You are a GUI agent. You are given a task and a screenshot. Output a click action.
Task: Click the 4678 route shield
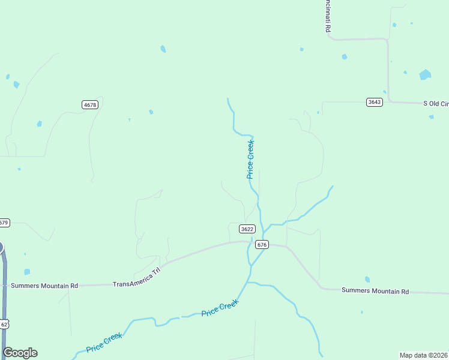pos(90,105)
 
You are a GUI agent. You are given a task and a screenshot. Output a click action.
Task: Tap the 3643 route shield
pos(375,102)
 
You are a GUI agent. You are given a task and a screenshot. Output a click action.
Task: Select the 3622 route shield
pos(247,229)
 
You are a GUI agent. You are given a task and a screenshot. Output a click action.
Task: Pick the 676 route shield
pos(261,244)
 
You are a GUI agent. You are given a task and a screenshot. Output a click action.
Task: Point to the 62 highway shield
pos(4,324)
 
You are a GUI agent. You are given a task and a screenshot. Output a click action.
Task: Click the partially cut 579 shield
pos(4,223)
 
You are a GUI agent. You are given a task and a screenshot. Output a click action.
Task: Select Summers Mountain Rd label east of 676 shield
pos(375,291)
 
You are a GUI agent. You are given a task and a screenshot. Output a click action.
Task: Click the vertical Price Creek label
pos(251,159)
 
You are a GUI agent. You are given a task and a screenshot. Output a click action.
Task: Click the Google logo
pos(20,353)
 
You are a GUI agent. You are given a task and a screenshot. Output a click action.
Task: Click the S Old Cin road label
pos(436,104)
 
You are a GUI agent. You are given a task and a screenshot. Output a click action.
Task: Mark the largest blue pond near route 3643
pos(425,75)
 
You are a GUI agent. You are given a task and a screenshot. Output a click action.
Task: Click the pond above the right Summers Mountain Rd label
pos(367,280)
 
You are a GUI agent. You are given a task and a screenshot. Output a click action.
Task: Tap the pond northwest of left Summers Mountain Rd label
pos(27,272)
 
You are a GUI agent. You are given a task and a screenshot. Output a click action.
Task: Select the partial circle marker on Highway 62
pos(1,247)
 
